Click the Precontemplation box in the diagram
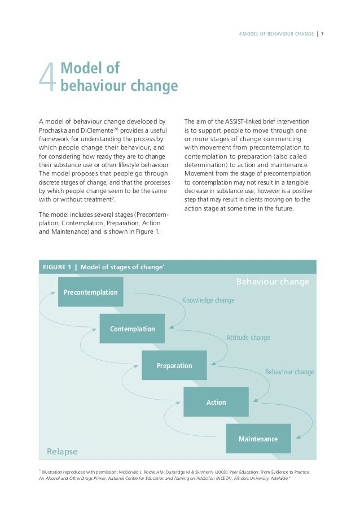pos(90,292)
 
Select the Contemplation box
pos(132,329)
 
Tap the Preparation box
pos(174,365)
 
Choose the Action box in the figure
pos(216,402)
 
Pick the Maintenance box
pos(258,439)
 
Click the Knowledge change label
pos(208,300)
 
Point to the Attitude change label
pos(248,338)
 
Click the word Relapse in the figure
pos(62,452)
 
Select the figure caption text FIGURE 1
pos(57,267)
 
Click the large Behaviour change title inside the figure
pos(272,281)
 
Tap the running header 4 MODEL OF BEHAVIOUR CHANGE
pos(276,33)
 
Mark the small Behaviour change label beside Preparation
pos(289,372)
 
